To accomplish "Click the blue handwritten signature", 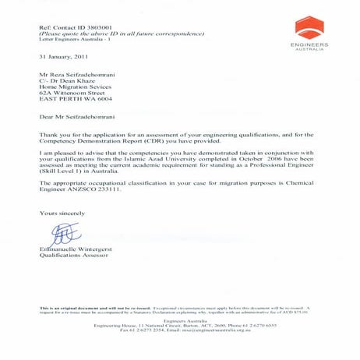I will click(64, 231).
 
